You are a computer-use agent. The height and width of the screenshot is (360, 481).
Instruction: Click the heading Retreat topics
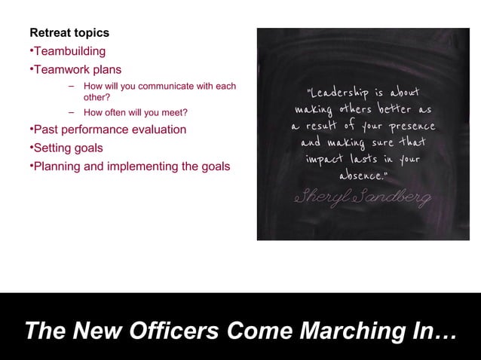click(69, 33)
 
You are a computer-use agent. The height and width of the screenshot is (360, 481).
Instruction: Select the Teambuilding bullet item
click(69, 51)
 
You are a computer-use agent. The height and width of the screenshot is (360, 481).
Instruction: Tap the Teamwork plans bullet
click(77, 69)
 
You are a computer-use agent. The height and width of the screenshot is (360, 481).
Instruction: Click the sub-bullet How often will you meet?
click(135, 113)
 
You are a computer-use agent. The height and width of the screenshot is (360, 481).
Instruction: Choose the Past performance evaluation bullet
click(109, 130)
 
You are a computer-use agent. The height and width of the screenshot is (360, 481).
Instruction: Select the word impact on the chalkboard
click(325, 159)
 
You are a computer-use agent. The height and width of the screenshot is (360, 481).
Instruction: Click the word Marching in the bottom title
click(357, 331)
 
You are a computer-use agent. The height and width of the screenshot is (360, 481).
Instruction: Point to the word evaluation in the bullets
click(158, 130)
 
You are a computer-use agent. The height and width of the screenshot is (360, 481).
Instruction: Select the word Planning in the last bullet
click(57, 166)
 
